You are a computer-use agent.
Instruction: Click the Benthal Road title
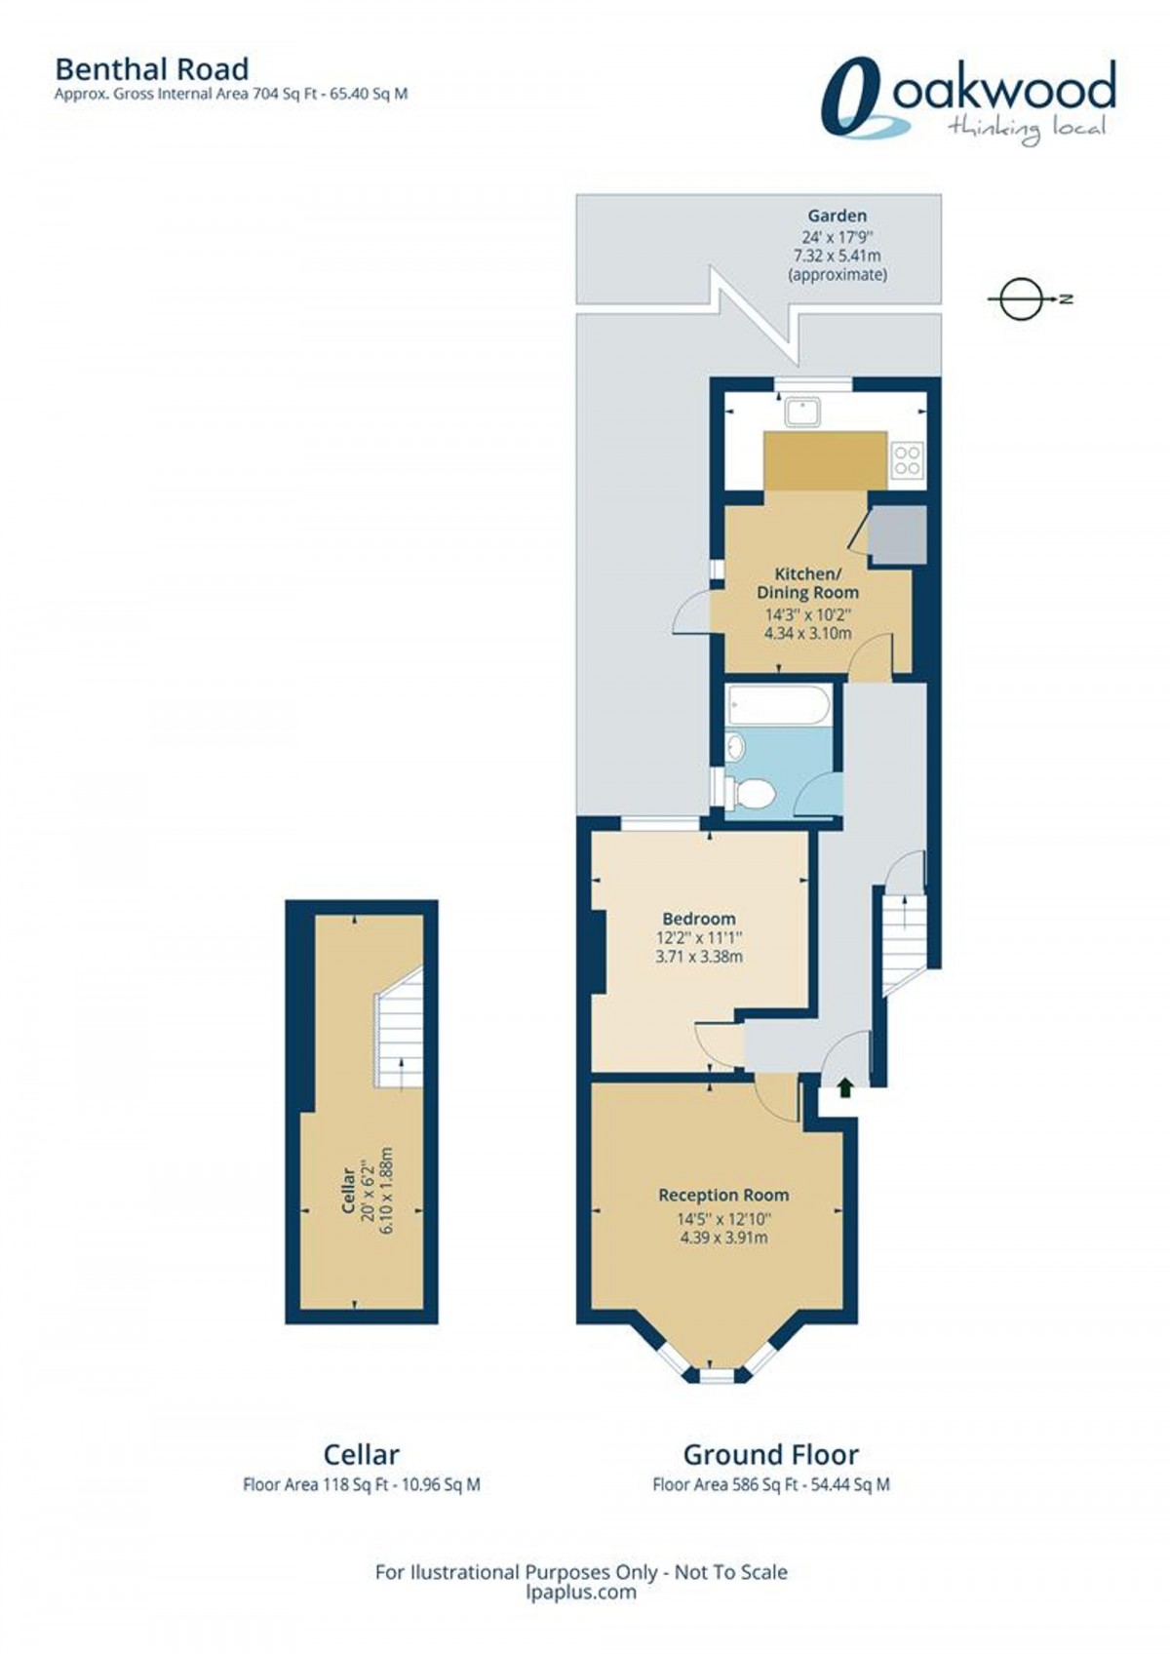click(x=151, y=69)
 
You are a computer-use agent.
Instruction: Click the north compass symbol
click(x=1021, y=298)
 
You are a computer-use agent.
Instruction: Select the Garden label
click(x=837, y=216)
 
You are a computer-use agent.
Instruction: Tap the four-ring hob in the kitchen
click(x=907, y=459)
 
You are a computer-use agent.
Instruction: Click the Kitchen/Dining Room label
click(x=807, y=582)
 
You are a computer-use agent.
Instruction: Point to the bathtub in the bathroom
click(x=779, y=704)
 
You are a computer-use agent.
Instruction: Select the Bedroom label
click(x=698, y=918)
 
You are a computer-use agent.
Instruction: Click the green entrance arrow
click(x=844, y=1087)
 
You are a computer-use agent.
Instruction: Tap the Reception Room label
click(x=723, y=1195)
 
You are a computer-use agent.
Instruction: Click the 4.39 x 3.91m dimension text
click(x=723, y=1238)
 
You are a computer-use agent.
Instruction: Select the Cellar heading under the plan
click(x=361, y=1455)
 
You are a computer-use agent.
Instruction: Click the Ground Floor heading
click(x=770, y=1455)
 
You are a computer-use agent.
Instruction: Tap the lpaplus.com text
click(x=581, y=1592)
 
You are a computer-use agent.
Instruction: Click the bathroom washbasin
click(x=735, y=748)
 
